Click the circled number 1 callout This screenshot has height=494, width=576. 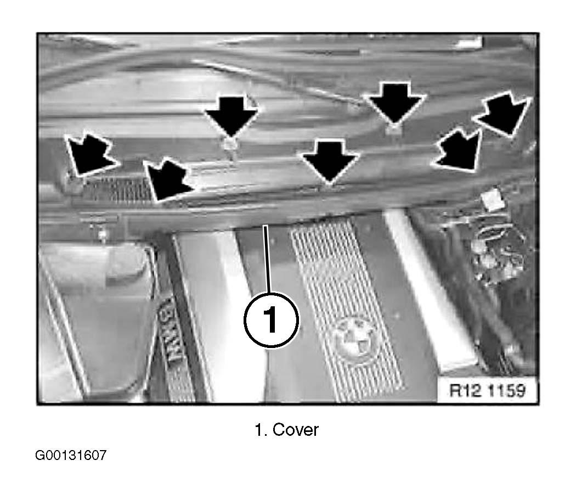(x=271, y=320)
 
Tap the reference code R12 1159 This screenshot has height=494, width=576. (x=488, y=390)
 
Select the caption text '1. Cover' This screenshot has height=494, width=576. (x=286, y=430)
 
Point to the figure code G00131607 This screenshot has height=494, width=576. (x=71, y=455)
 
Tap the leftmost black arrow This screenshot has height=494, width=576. (x=89, y=155)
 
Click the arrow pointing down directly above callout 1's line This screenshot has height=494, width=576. (x=330, y=161)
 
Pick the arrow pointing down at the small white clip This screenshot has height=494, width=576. (x=231, y=117)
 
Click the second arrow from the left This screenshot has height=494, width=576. (x=167, y=179)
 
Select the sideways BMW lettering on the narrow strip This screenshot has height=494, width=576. (x=173, y=331)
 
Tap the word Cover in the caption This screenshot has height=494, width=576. (x=296, y=430)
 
